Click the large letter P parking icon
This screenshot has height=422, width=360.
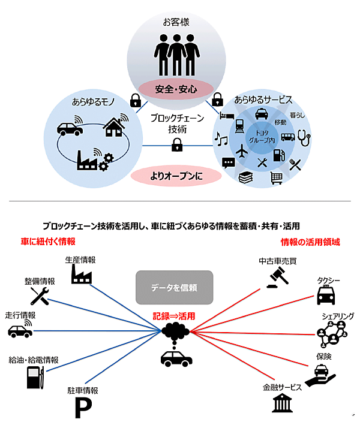[80, 409]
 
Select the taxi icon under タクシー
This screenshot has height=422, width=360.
[326, 295]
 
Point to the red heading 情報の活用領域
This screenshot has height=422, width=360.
[311, 242]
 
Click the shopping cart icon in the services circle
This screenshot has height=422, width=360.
[276, 177]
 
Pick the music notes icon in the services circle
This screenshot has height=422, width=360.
[221, 141]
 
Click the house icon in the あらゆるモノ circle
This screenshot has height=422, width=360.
[113, 127]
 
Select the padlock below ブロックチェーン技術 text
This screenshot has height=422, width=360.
[176, 144]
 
